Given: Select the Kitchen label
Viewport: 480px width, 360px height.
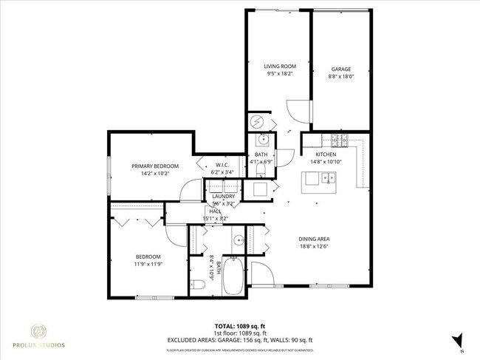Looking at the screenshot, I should pos(326,154).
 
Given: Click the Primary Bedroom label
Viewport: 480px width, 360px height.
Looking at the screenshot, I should pos(151,166).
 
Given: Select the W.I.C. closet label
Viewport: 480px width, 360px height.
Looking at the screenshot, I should pos(222,165).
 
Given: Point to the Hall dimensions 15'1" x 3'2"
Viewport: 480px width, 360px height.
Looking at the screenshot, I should pos(216,219).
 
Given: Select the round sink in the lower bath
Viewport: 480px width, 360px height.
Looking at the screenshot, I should pos(239,240).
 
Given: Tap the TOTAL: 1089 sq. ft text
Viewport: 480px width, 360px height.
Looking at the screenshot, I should pos(240,326).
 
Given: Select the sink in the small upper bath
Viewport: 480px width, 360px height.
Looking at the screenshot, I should pos(262,140).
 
